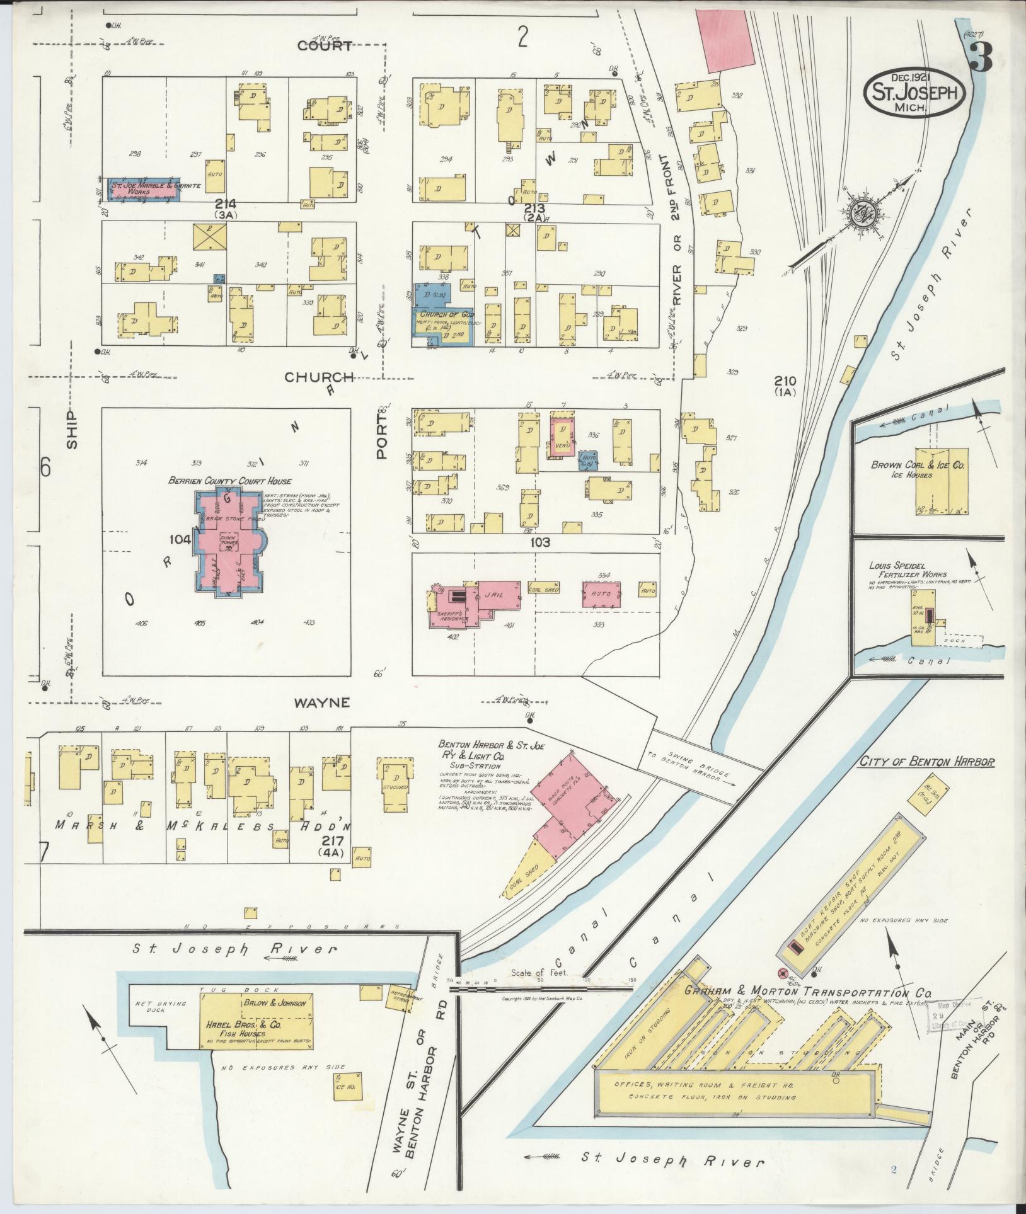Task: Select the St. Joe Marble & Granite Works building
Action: click(x=144, y=190)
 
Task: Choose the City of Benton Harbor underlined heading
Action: click(x=927, y=762)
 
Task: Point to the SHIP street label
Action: click(x=73, y=430)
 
